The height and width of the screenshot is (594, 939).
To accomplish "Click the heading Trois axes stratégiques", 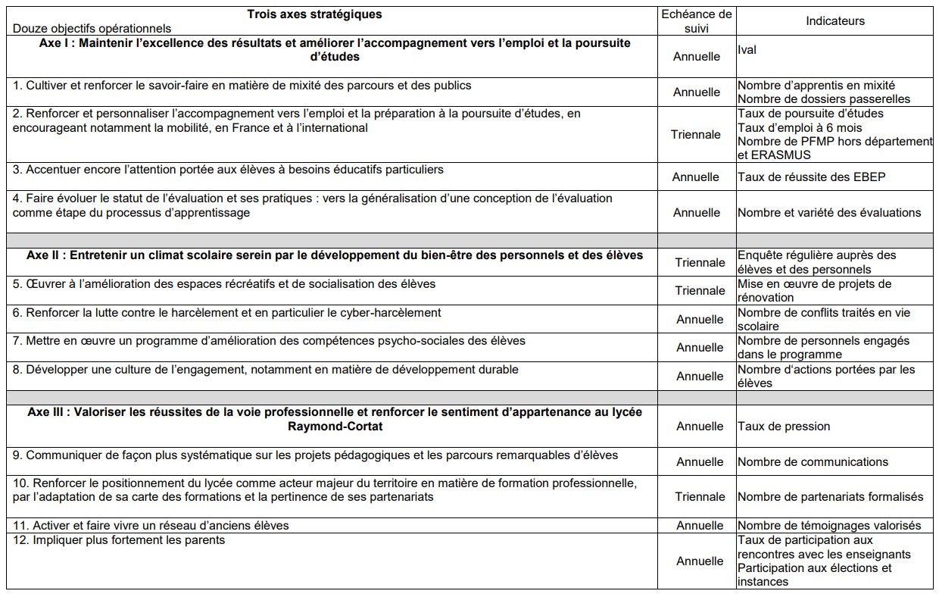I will pyautogui.click(x=314, y=14).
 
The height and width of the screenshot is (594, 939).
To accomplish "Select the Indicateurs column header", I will pyautogui.click(x=835, y=21).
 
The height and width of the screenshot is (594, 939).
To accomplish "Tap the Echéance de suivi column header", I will pyautogui.click(x=697, y=21).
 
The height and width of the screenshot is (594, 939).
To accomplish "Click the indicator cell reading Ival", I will pyautogui.click(x=747, y=50).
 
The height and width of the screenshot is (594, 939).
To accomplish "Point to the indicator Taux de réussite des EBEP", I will pyautogui.click(x=811, y=177).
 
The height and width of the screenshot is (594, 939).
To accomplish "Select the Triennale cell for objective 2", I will pyautogui.click(x=696, y=135).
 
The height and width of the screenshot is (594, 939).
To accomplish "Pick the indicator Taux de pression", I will pyautogui.click(x=784, y=427).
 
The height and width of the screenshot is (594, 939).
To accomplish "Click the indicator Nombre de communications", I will pyautogui.click(x=813, y=462).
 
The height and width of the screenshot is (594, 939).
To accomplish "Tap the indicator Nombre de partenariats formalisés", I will pyautogui.click(x=830, y=497).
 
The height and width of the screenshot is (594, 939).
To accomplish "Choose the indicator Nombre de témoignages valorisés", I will pyautogui.click(x=829, y=526).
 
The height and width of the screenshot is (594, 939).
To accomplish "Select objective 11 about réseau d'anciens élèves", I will pyautogui.click(x=151, y=526).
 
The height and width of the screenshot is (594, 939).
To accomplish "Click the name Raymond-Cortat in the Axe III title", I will pyautogui.click(x=334, y=427).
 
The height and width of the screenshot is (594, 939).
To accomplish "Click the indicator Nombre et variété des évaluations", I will pyautogui.click(x=829, y=213).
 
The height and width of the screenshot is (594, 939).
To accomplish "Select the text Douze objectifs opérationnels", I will pyautogui.click(x=92, y=29).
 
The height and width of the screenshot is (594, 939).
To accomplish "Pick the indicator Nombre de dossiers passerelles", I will pyautogui.click(x=824, y=99).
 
